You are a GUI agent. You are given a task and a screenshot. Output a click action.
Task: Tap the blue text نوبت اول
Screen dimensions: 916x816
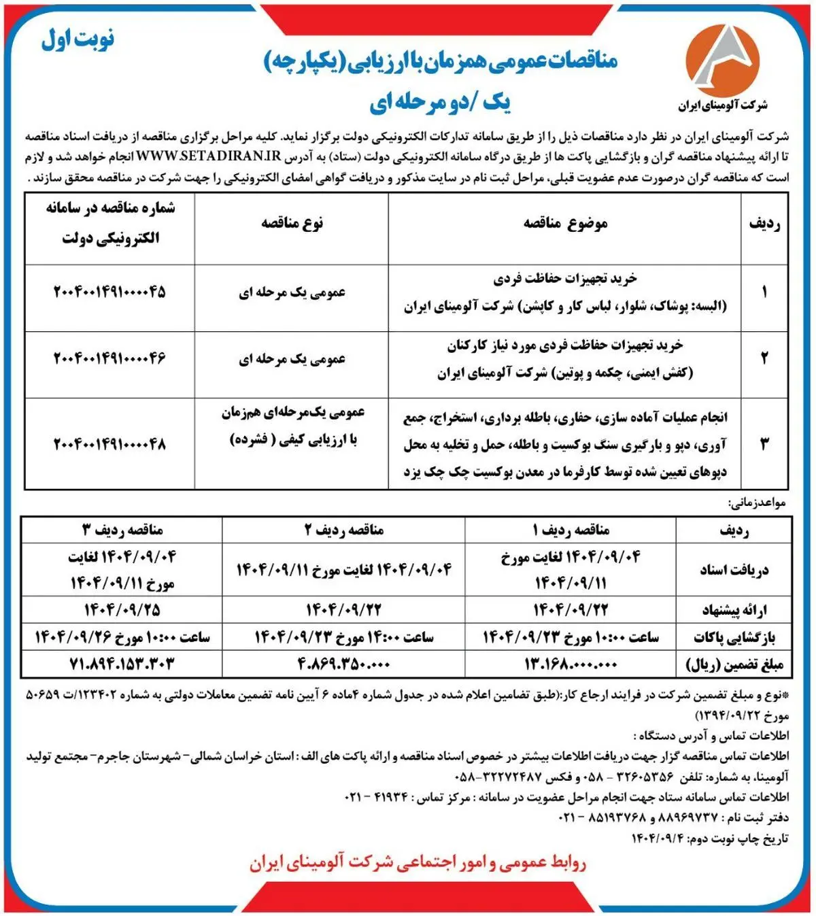click(x=78, y=40)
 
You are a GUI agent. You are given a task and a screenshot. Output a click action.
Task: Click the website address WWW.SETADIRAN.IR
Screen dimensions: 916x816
click(x=209, y=156)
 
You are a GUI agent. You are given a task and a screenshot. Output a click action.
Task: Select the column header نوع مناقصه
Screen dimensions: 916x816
click(x=292, y=224)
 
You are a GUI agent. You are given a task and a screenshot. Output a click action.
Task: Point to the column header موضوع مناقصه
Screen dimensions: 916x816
click(x=565, y=224)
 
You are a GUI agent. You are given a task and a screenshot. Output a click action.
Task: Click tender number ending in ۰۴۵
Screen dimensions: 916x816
click(x=109, y=292)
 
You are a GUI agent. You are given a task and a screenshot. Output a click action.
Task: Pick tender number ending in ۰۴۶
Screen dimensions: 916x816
click(x=109, y=358)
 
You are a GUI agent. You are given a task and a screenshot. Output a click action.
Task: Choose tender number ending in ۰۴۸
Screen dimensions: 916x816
click(x=109, y=444)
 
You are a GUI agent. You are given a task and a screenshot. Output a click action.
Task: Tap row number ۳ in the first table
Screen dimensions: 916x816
click(x=764, y=444)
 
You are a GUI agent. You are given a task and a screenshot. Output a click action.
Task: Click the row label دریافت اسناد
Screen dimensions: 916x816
click(x=734, y=570)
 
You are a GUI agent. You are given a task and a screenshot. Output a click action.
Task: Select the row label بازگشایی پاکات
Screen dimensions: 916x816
click(x=734, y=637)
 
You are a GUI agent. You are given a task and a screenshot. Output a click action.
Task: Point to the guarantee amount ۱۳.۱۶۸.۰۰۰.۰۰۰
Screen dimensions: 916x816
click(x=571, y=664)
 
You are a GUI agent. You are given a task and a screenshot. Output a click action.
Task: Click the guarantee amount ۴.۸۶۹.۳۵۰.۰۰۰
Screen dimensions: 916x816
click(x=343, y=664)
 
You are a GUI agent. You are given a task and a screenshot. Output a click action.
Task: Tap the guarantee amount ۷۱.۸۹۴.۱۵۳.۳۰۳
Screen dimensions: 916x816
click(x=122, y=664)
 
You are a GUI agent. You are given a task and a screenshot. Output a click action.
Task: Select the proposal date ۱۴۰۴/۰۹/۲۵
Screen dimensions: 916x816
click(x=122, y=609)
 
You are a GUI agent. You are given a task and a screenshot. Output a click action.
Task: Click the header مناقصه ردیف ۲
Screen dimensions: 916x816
click(x=343, y=530)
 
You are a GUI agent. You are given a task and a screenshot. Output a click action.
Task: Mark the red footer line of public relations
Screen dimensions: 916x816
click(x=417, y=863)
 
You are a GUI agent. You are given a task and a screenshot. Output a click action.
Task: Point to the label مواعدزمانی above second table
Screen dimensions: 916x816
click(x=757, y=503)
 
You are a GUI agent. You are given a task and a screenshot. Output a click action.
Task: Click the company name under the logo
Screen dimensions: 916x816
click(x=722, y=105)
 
